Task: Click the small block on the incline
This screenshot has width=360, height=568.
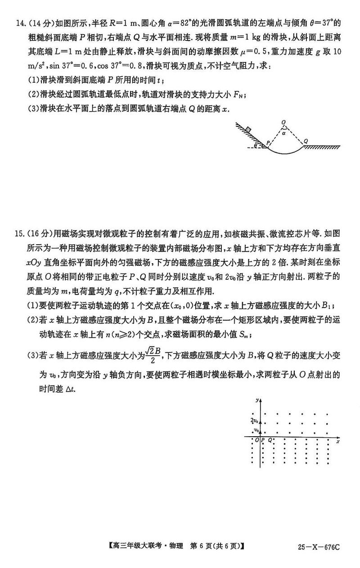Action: [248, 130]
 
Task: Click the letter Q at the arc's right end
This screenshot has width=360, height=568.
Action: [306, 141]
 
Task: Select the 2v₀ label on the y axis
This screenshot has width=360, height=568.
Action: [255, 421]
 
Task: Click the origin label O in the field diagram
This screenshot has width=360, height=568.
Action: [257, 440]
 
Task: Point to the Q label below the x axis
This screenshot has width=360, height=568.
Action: [270, 440]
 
